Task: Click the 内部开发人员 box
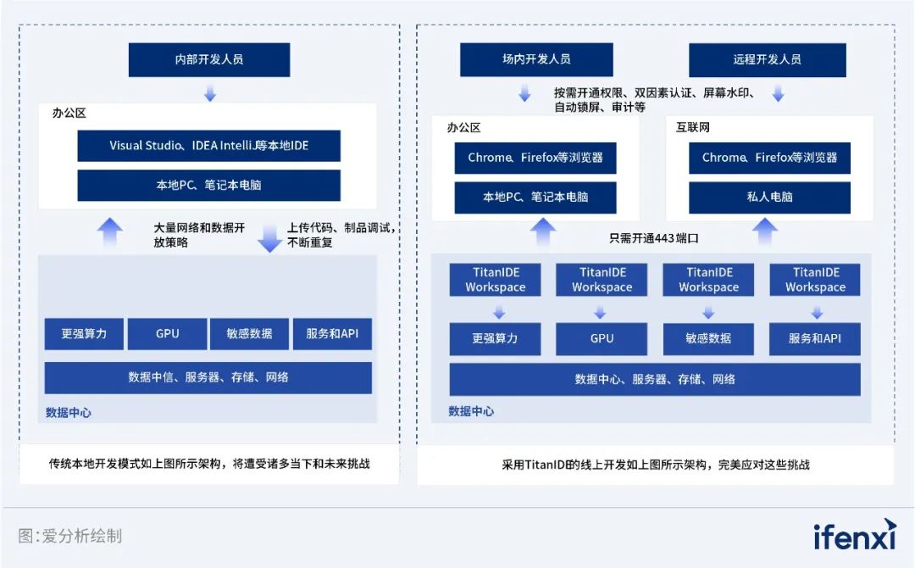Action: coord(209,60)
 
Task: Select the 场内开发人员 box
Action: coord(536,60)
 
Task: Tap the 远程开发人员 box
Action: coord(767,60)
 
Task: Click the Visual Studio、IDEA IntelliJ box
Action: coord(209,146)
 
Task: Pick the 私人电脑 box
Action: coord(769,197)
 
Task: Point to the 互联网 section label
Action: coord(693,127)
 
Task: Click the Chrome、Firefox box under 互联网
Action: coord(769,158)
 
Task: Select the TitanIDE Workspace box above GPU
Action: coord(602,280)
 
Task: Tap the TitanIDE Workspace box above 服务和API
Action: coord(815,280)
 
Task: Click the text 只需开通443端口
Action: coord(655,238)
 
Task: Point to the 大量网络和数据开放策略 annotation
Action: coord(199,235)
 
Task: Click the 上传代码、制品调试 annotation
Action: coord(341,235)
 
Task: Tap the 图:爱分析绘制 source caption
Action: coord(70,536)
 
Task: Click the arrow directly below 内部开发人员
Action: coord(210,92)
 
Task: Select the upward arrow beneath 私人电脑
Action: coord(765,230)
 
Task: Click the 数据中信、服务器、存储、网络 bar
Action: coord(208,377)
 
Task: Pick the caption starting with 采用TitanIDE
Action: coord(656,465)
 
